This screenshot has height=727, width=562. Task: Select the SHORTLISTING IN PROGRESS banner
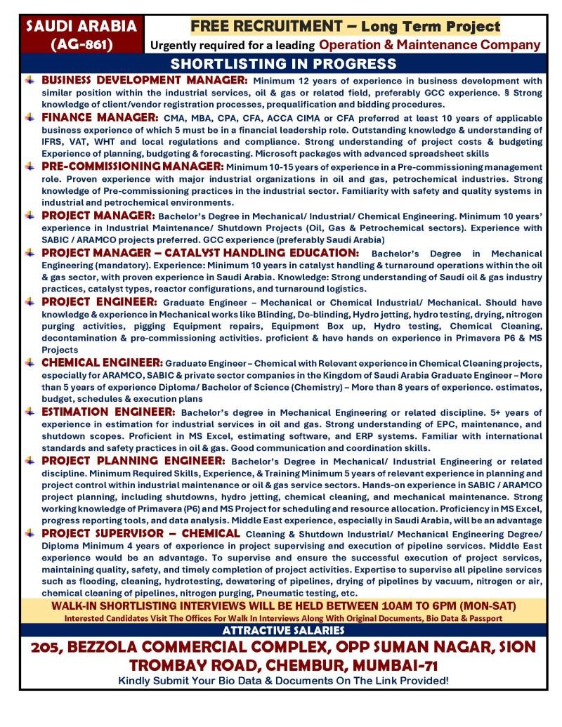(x=284, y=63)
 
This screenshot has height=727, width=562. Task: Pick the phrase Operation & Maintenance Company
(x=429, y=46)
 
